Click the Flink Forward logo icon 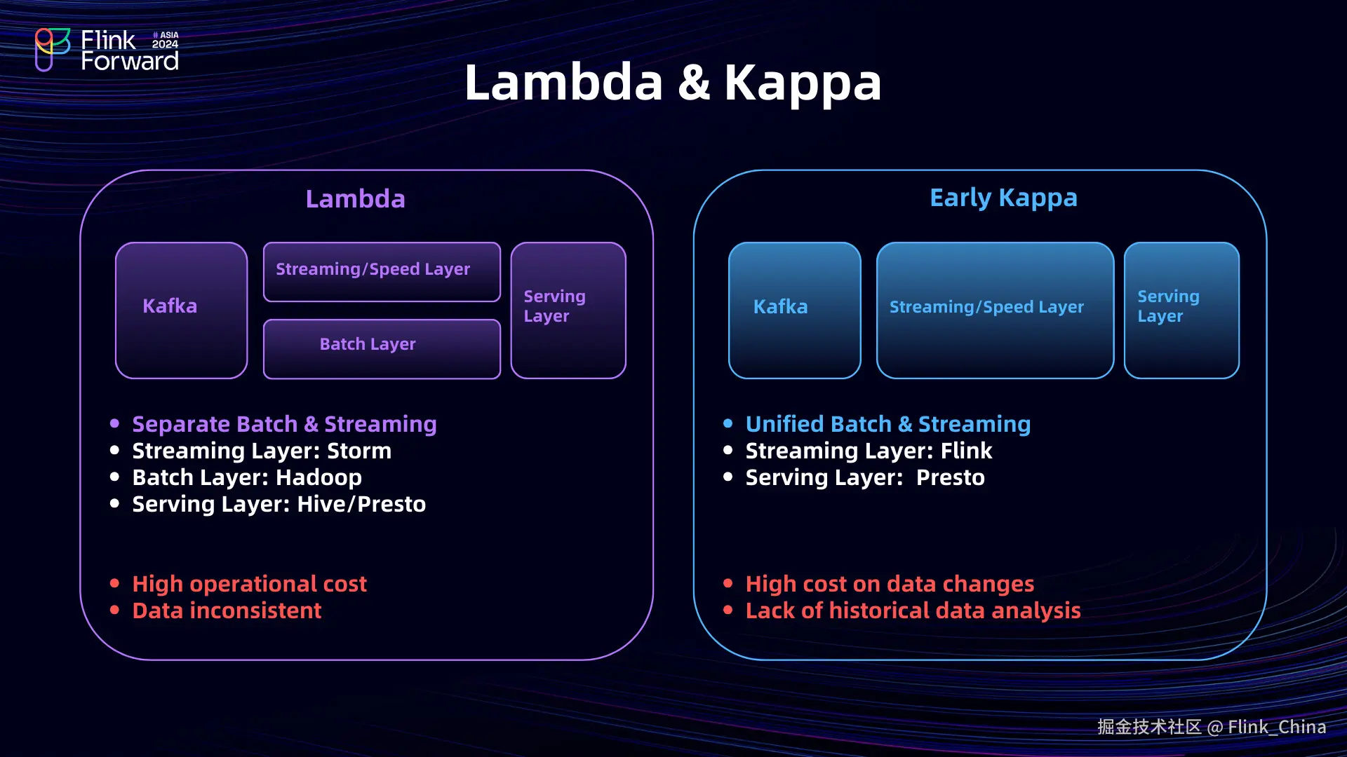[x=53, y=50]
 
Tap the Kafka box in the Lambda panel [x=182, y=311]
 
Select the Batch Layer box [x=382, y=349]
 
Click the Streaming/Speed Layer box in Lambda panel [x=382, y=272]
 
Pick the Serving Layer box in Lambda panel [x=568, y=311]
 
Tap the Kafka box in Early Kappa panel [x=795, y=311]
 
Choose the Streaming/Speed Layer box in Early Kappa [x=995, y=311]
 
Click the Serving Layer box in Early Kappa [x=1181, y=311]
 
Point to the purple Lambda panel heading [x=356, y=199]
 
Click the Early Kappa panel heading [x=1003, y=198]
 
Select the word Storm [x=359, y=451]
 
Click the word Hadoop [x=319, y=478]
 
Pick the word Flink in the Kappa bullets [x=966, y=451]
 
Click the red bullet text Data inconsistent [x=227, y=611]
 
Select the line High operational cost [x=249, y=585]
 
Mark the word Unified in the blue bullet [x=784, y=424]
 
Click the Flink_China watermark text [x=1277, y=728]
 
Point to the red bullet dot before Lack [x=728, y=610]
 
